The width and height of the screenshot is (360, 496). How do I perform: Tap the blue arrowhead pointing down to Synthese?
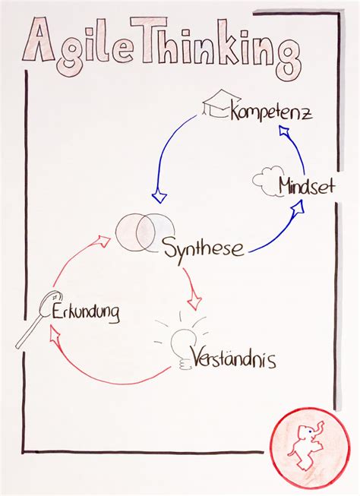(159, 197)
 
